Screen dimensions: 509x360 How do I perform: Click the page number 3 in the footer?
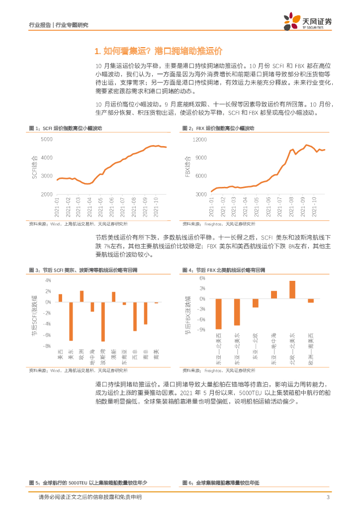328,498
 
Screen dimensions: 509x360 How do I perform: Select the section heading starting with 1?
157,51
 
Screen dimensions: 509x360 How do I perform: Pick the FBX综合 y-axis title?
187,167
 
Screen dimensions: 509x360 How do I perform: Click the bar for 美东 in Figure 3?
71,321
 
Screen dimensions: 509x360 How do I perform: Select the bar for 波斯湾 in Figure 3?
103,322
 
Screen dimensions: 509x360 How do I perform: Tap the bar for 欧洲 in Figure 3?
82,296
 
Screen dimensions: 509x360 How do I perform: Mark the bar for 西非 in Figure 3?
135,317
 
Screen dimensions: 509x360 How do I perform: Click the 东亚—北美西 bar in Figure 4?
218,314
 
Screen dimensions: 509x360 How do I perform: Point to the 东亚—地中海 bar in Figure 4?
274,294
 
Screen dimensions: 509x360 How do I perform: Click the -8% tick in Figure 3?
47,346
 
